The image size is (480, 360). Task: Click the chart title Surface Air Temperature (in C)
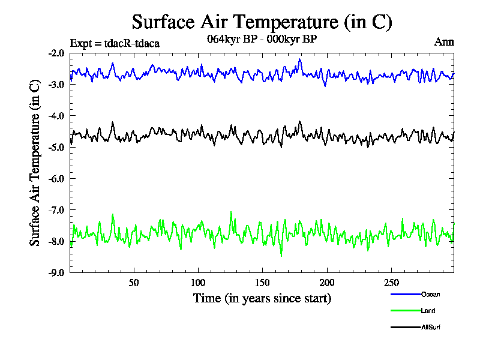click(x=262, y=22)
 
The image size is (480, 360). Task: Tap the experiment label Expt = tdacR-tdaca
click(x=115, y=43)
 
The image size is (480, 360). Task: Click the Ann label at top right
click(x=444, y=42)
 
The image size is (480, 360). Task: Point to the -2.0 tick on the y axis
click(x=57, y=53)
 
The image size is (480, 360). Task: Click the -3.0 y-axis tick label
click(x=57, y=84)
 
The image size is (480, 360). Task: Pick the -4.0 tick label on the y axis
click(x=57, y=115)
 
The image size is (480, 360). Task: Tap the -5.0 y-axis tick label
click(x=57, y=147)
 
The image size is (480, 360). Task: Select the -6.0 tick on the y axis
click(x=57, y=178)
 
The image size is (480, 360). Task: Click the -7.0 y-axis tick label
click(x=57, y=209)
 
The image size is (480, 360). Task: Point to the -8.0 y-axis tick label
click(x=57, y=241)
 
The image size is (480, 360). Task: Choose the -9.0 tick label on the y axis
click(x=57, y=272)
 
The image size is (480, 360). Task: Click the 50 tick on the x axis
click(x=134, y=283)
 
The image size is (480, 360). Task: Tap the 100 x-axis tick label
click(x=198, y=283)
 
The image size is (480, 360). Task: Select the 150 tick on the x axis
click(x=262, y=283)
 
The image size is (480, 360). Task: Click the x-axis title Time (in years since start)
click(x=262, y=298)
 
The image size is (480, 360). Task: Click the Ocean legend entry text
click(x=430, y=294)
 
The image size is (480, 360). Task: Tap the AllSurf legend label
click(x=432, y=327)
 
